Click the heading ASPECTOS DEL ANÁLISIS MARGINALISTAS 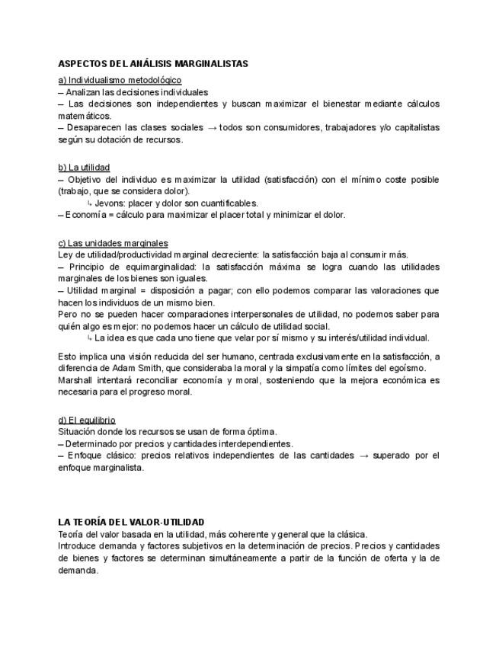[153, 64]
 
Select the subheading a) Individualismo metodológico [120, 80]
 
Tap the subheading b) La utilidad [84, 167]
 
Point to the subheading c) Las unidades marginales [113, 243]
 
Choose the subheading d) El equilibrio [87, 420]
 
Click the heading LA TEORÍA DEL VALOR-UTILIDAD [131, 522]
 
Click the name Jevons [108, 203]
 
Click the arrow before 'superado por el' [363, 456]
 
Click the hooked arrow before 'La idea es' [89, 337]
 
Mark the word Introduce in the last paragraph [80, 545]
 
